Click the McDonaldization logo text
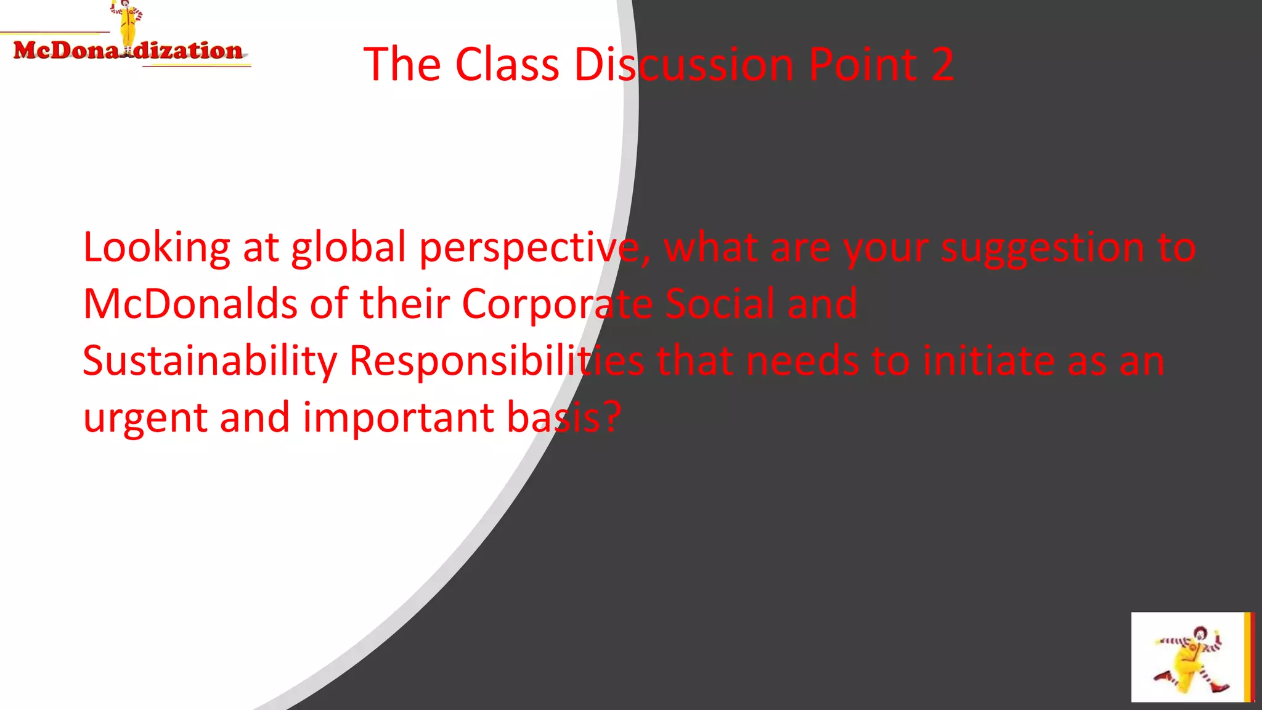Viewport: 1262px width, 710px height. click(128, 51)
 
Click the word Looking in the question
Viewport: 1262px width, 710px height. click(157, 248)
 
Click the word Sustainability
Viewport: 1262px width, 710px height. click(210, 362)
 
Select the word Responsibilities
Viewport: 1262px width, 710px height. click(497, 362)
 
